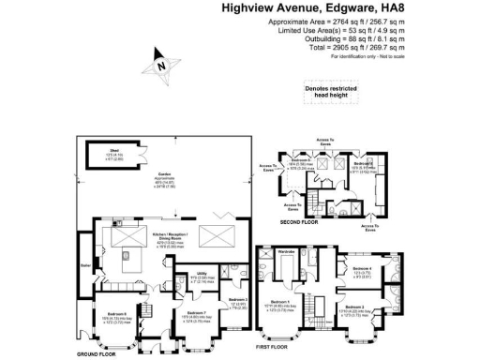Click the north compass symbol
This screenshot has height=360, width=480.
click(161, 67)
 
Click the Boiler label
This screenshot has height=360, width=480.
click(87, 266)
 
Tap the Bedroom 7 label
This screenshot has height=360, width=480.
click(196, 312)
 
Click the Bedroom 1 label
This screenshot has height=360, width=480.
click(303, 300)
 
